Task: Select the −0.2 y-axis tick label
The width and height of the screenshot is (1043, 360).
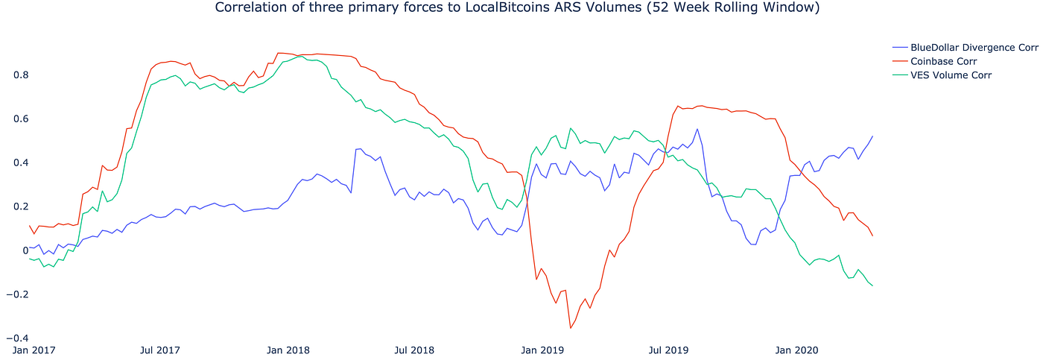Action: click(17, 294)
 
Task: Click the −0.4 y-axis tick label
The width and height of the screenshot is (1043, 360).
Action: click(17, 338)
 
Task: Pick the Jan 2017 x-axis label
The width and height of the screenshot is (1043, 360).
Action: click(34, 350)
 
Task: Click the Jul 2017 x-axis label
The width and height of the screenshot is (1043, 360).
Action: click(160, 350)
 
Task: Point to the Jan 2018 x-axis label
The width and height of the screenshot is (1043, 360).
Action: click(288, 350)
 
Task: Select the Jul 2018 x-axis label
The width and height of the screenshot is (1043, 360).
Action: click(414, 350)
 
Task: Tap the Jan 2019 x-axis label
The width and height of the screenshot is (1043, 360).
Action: click(542, 350)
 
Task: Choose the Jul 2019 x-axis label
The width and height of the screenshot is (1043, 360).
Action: click(669, 350)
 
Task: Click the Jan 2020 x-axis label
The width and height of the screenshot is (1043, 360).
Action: click(796, 350)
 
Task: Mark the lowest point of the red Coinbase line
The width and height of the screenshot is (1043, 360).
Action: click(571, 329)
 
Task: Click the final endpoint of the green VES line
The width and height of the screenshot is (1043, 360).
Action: click(872, 285)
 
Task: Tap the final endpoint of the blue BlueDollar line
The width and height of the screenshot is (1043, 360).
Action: click(872, 136)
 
